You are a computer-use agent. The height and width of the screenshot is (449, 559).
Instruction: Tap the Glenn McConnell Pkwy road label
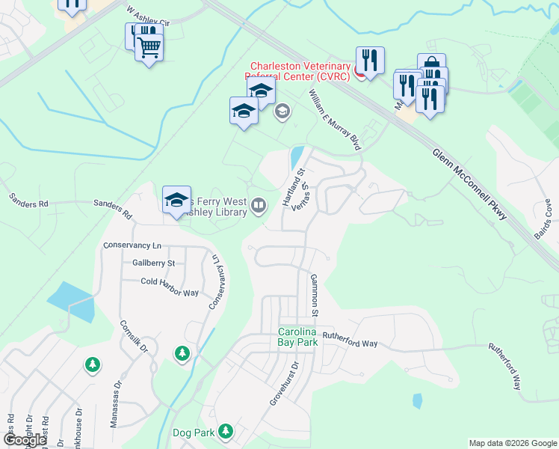tap(469, 183)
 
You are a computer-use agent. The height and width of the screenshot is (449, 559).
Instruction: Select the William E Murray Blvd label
tap(335, 120)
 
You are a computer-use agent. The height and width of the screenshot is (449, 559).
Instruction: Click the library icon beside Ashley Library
tap(259, 205)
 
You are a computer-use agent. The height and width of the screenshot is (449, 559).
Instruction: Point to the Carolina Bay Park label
tap(308, 337)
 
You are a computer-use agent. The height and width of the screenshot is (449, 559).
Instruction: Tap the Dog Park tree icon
tap(225, 432)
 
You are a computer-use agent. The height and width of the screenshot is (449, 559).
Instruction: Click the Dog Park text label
tap(194, 433)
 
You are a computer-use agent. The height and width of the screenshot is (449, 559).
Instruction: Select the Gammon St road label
tap(315, 295)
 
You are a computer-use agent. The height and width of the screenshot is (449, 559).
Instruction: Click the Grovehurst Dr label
tap(285, 385)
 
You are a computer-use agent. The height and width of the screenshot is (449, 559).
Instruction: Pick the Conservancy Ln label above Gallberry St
tap(132, 245)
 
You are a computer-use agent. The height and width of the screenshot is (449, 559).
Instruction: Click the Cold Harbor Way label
tap(170, 282)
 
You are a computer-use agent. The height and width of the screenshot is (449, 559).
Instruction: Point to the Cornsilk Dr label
tap(135, 337)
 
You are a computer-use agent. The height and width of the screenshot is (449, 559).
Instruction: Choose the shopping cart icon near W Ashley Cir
tap(149, 49)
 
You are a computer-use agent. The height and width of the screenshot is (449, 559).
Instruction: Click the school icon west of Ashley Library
tap(176, 200)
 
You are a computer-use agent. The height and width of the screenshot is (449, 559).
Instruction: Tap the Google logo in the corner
tap(25, 440)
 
